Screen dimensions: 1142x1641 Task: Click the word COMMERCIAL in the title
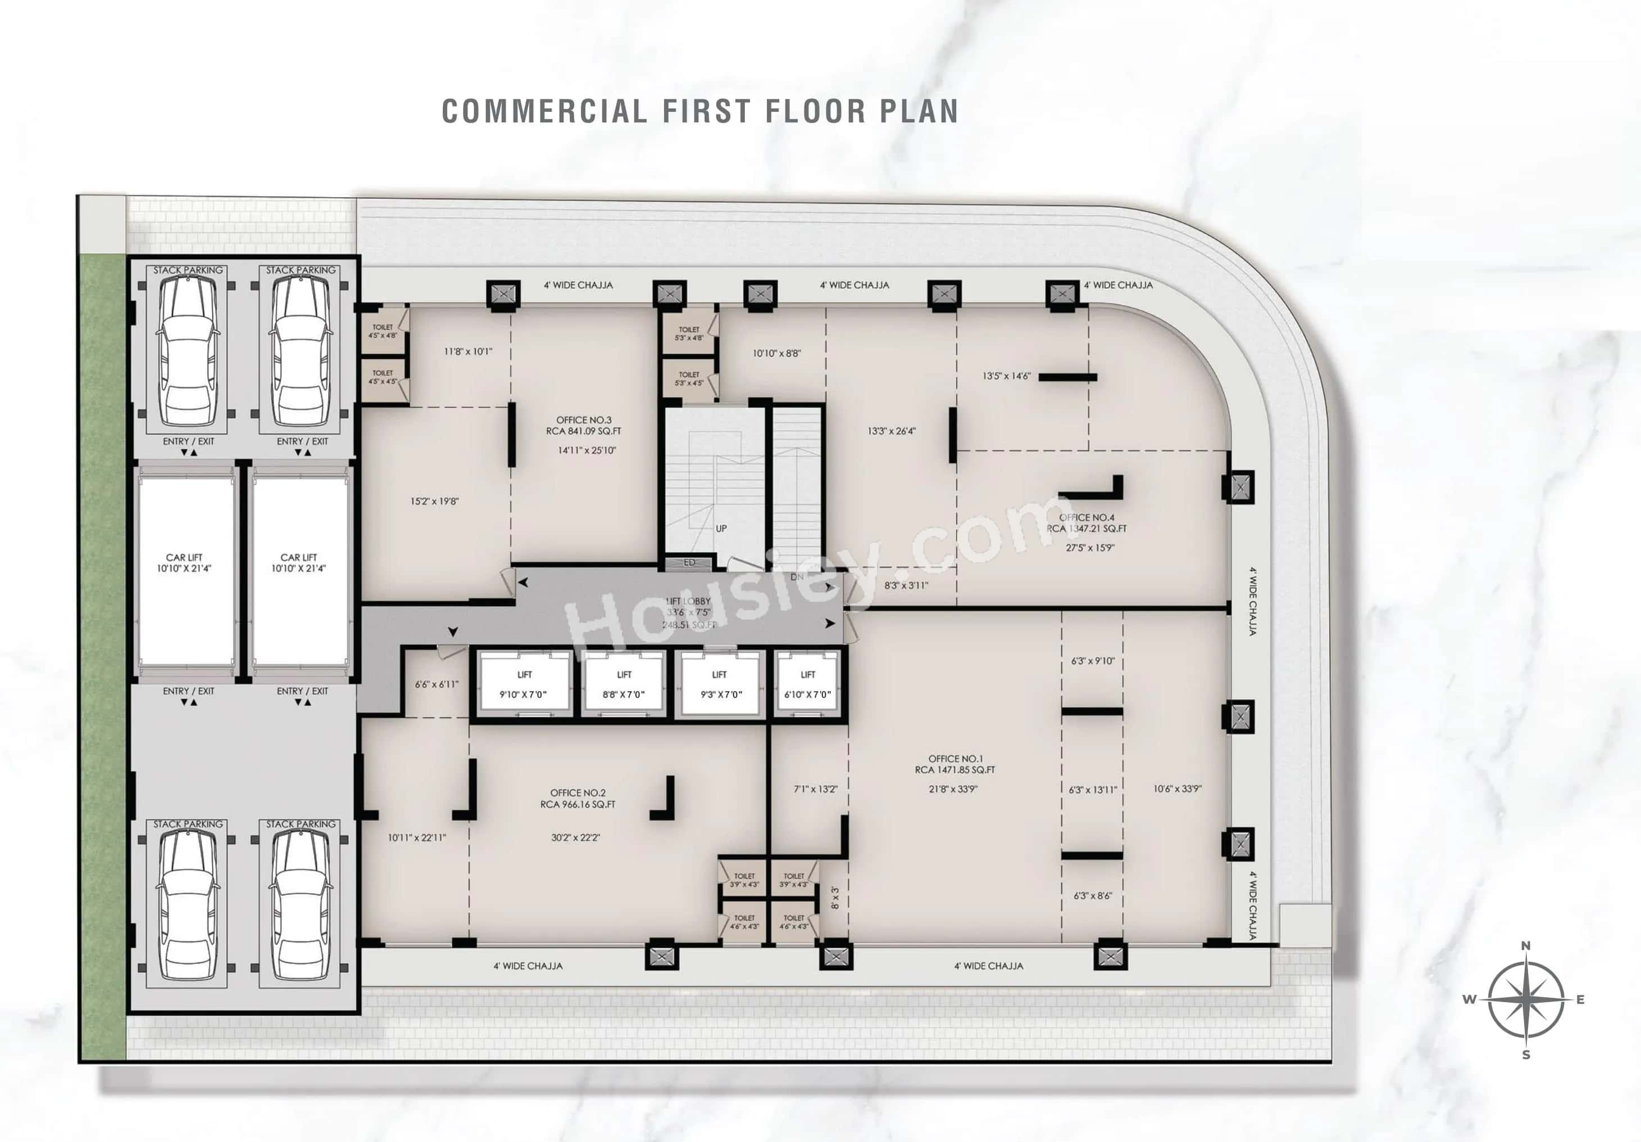(544, 111)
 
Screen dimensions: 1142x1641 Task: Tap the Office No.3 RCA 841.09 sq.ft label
(583, 426)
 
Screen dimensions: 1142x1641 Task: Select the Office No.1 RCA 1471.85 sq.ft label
(955, 764)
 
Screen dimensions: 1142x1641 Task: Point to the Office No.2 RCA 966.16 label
(578, 798)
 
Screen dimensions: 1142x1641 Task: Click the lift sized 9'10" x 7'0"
(525, 684)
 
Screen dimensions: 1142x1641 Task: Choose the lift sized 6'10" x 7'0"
(808, 684)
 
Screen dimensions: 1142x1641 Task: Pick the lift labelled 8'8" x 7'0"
(624, 684)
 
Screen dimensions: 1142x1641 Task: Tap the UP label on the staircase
(721, 528)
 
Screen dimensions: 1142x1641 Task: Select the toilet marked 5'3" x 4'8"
(689, 333)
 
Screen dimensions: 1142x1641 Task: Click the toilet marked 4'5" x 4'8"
(383, 331)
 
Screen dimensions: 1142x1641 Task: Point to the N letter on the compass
(1525, 945)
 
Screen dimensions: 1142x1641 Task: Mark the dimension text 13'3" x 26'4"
(891, 431)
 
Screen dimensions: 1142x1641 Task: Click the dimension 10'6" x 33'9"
(1177, 789)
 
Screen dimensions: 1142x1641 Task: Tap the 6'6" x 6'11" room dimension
(437, 684)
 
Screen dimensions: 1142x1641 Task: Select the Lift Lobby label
(688, 607)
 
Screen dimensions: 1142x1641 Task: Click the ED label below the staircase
(689, 562)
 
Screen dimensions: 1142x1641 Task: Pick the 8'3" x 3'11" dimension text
(906, 585)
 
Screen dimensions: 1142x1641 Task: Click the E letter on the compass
(1580, 1000)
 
